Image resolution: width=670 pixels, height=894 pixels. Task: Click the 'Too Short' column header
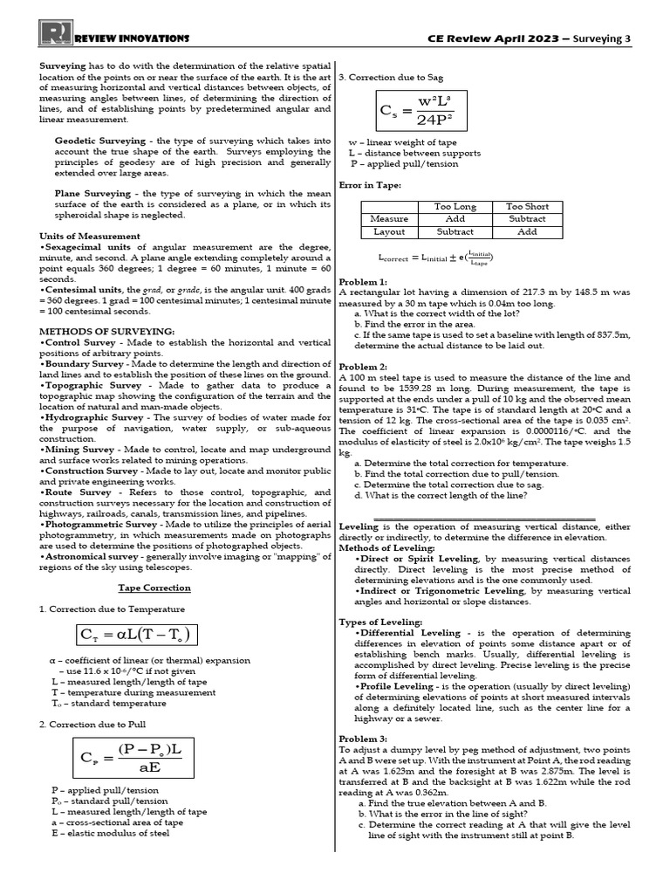[x=527, y=206]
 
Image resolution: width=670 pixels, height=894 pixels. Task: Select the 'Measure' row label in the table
[x=389, y=219]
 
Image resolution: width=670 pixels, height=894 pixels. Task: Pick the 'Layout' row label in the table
[x=389, y=232]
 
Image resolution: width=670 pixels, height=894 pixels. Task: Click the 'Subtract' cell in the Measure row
[x=527, y=219]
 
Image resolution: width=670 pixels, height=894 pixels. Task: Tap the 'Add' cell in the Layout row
[x=527, y=232]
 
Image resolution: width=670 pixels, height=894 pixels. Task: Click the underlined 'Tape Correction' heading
[x=154, y=588]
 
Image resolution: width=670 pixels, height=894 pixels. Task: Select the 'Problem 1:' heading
[x=363, y=282]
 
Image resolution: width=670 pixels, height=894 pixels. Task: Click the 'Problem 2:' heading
[x=363, y=367]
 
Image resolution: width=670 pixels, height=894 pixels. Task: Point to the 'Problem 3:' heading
[x=363, y=739]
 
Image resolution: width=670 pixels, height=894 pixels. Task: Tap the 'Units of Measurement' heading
[x=90, y=236]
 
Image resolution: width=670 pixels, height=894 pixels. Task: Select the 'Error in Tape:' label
[x=370, y=185]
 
